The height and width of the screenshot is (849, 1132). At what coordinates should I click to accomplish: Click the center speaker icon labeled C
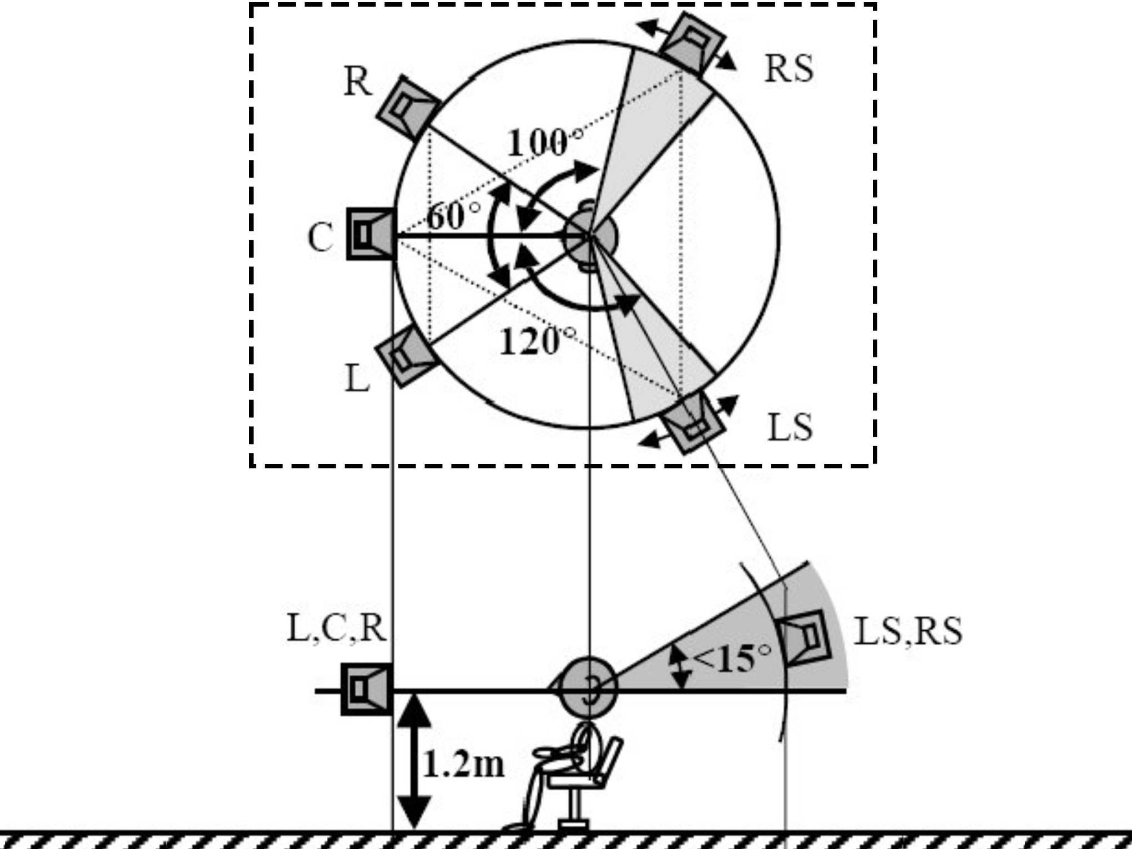(x=371, y=234)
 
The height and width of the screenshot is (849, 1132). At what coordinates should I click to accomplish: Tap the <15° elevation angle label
(x=731, y=659)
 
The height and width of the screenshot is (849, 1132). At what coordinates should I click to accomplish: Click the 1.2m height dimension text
(x=463, y=765)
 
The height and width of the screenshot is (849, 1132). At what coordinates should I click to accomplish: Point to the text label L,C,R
(x=336, y=628)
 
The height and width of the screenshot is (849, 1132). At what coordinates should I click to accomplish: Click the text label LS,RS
(x=908, y=631)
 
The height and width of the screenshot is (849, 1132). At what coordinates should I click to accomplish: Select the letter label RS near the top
(x=789, y=69)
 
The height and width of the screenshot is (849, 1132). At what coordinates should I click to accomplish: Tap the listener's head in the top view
(x=590, y=236)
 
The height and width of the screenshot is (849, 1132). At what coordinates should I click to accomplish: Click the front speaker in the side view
(x=367, y=689)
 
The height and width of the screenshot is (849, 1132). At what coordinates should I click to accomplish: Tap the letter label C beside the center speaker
(x=320, y=237)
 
